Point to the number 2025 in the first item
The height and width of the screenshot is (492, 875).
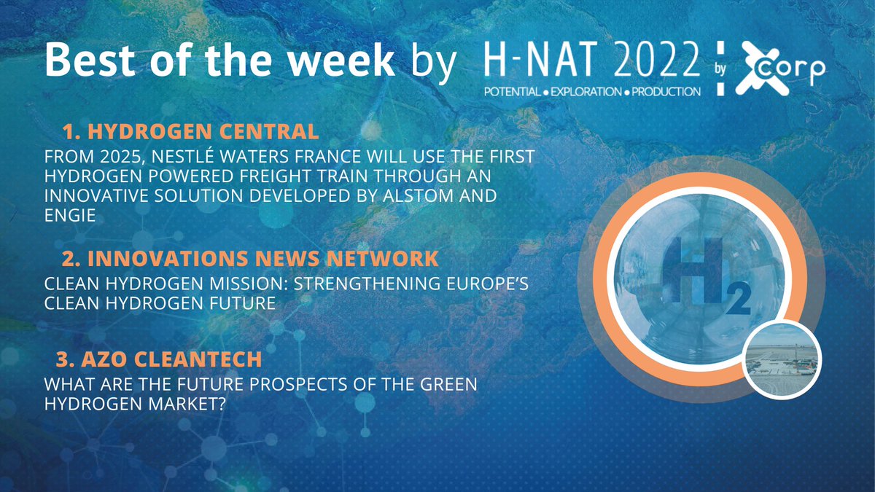123,157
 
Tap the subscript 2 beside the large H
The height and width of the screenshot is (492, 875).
737,301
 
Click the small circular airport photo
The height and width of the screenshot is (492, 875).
782,359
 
